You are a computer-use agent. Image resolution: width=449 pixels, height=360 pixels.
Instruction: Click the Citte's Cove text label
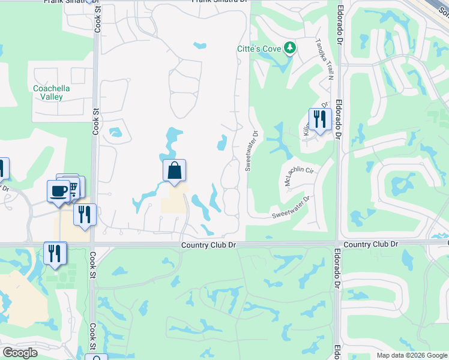point(259,47)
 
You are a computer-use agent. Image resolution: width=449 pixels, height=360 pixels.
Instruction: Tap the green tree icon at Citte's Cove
point(290,47)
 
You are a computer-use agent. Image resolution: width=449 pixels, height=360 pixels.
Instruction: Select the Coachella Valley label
point(52,92)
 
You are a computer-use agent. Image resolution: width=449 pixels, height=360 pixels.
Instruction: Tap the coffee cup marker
point(59,191)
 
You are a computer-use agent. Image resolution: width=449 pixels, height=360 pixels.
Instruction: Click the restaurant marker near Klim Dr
point(320,119)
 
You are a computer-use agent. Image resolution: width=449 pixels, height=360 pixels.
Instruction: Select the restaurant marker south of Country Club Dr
point(55,253)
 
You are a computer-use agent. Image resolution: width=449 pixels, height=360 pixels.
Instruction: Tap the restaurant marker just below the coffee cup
point(85,215)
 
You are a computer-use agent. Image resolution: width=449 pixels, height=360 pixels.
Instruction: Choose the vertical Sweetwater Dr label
point(251,152)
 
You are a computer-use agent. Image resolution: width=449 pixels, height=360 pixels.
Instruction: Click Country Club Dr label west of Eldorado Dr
point(206,245)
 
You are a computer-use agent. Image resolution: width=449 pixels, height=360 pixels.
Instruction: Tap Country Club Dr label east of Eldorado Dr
point(372,244)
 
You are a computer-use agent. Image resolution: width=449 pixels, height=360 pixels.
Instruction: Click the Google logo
point(20,353)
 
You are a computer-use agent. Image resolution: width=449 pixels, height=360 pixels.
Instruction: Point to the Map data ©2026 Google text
point(411,355)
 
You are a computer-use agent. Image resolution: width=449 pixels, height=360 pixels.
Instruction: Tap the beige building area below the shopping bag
point(173,203)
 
